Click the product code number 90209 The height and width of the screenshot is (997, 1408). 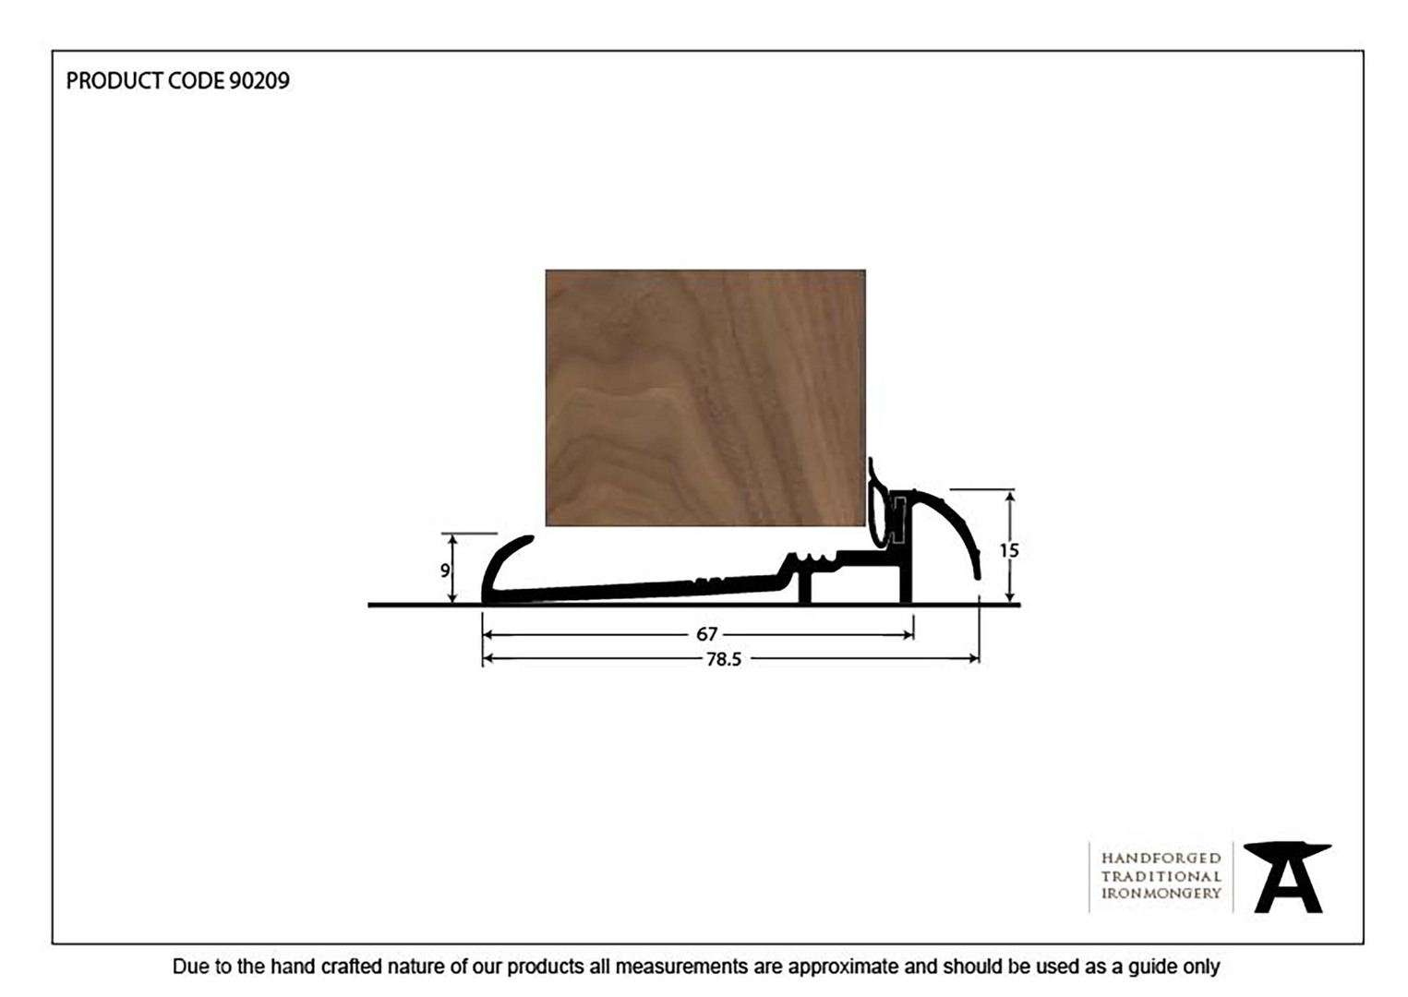[259, 81]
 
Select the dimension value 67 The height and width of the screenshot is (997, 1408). [706, 634]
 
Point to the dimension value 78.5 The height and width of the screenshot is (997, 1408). [724, 659]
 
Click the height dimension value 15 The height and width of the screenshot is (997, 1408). [1009, 551]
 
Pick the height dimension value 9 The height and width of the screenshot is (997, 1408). [445, 571]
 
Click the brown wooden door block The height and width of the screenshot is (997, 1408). [705, 398]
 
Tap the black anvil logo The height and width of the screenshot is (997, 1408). [1287, 878]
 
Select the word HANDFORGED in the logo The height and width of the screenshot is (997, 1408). [1161, 859]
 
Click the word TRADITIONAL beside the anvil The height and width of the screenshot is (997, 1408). [1161, 876]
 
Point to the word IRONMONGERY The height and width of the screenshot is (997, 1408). [1161, 894]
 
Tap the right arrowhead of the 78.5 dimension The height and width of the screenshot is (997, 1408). [974, 659]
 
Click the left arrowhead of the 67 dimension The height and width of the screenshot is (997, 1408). [488, 635]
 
